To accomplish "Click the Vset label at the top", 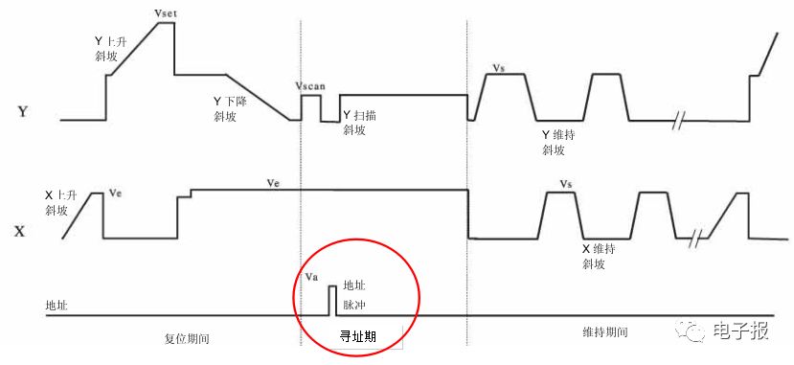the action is point(166,13).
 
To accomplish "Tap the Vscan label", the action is point(310,86).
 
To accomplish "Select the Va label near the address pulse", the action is point(310,277).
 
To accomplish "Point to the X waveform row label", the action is point(21,231).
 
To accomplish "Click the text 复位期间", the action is point(187,339).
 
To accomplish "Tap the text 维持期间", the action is point(605,331).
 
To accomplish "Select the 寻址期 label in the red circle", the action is point(359,336).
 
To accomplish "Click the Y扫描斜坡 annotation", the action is point(359,123).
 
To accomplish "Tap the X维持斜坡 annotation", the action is point(600,255).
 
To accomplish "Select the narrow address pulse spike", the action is point(332,299).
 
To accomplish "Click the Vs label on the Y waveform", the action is point(498,68).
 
